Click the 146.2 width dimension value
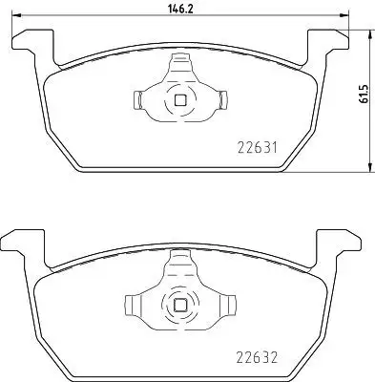point(180,9)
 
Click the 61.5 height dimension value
point(363,94)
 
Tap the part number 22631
point(258,148)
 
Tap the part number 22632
point(258,357)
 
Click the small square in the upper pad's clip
point(180,100)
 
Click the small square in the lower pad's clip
point(180,306)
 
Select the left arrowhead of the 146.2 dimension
point(16,15)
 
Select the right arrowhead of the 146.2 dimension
point(344,15)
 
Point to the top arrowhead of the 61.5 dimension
point(369,34)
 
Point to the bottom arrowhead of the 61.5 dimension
point(369,168)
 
